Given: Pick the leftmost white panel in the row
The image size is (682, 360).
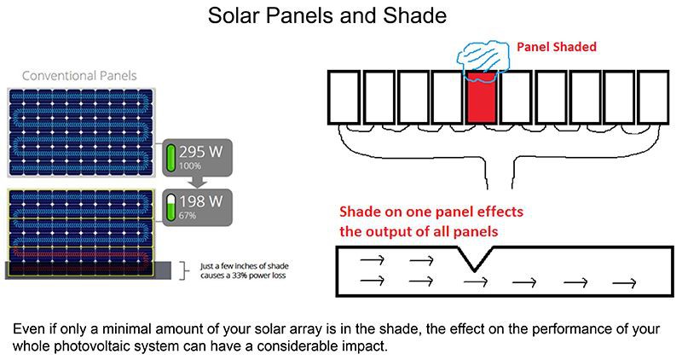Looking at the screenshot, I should (x=344, y=96).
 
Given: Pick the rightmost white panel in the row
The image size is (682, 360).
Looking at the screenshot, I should (x=653, y=96).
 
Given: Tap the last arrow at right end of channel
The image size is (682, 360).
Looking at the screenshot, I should (x=625, y=282).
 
